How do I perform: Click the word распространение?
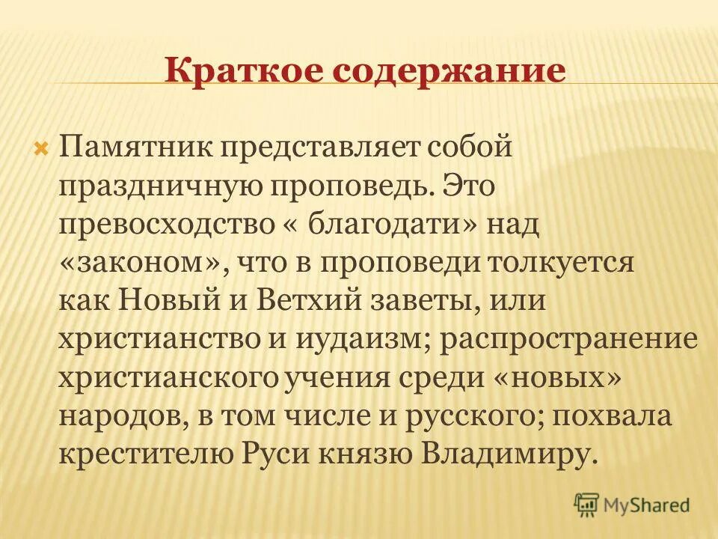(x=569, y=341)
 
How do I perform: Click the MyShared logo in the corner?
(x=631, y=505)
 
